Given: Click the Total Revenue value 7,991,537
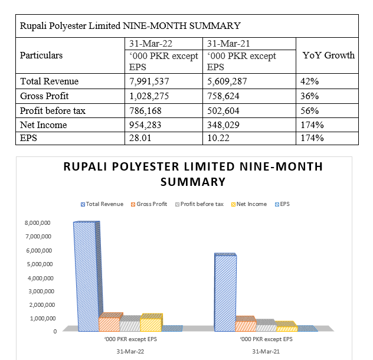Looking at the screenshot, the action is click(x=149, y=81).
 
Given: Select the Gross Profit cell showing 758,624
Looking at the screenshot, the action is click(x=223, y=96).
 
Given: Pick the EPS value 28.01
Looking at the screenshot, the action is click(x=140, y=138).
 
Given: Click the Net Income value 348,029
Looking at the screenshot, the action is click(x=223, y=125).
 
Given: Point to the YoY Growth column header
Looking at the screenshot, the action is click(x=329, y=55).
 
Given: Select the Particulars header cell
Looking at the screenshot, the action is click(x=41, y=55).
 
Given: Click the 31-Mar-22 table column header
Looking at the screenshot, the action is click(x=150, y=44).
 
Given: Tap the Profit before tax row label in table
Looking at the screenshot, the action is click(x=53, y=110).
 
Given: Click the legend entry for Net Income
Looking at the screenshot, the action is click(x=249, y=204).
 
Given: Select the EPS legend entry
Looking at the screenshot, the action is click(x=282, y=204).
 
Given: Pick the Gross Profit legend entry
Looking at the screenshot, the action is click(x=149, y=204).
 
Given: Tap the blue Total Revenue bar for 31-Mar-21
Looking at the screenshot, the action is click(x=225, y=292).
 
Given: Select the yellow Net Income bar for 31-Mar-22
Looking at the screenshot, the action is click(x=151, y=323).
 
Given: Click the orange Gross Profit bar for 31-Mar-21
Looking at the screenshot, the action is click(x=246, y=324).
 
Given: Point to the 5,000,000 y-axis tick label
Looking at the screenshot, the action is click(x=40, y=264).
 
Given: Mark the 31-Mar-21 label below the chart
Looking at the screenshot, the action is click(x=266, y=351).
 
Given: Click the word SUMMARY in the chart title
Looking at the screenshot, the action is click(x=193, y=182).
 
